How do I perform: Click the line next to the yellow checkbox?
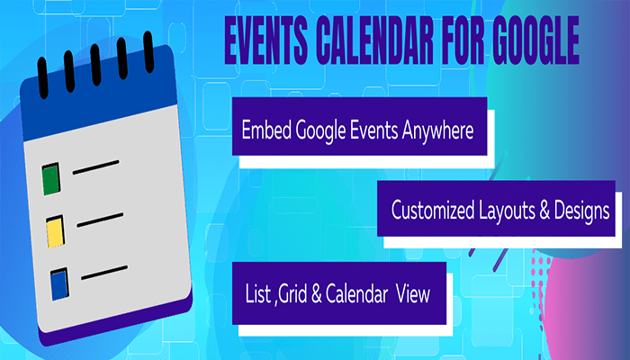[x=101, y=218]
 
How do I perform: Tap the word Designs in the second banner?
[x=580, y=210]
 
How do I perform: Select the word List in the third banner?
[x=257, y=293]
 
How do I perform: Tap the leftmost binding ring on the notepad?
[x=41, y=70]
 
